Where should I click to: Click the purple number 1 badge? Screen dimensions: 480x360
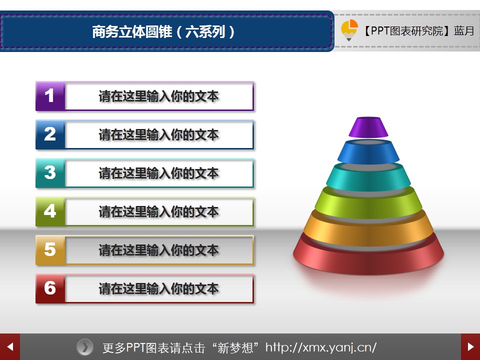(x=50, y=96)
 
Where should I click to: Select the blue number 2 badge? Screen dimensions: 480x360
(x=50, y=134)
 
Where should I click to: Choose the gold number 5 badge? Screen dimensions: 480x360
(x=50, y=250)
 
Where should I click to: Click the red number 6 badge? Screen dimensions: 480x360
(x=50, y=288)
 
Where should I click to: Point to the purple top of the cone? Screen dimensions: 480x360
(x=368, y=127)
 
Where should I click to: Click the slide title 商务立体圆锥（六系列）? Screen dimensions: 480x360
(x=163, y=31)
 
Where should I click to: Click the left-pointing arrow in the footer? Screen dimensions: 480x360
(x=10, y=347)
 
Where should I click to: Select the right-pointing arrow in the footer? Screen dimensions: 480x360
(x=470, y=347)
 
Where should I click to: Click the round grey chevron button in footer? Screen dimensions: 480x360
(x=85, y=347)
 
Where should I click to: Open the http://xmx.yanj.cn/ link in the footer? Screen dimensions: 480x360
(x=321, y=347)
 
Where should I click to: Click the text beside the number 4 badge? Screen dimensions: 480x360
(x=158, y=212)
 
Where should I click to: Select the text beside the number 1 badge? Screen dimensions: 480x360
(x=158, y=96)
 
